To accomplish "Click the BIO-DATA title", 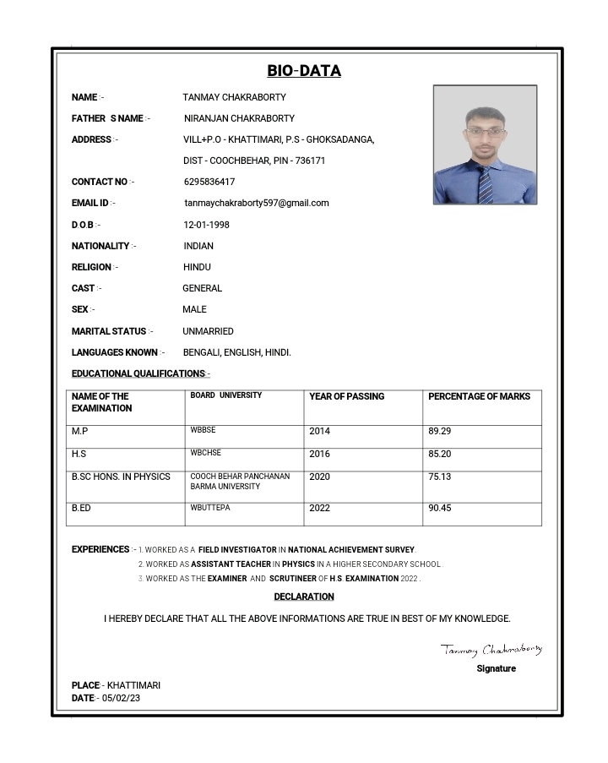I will [304, 71].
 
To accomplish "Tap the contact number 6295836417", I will [209, 182].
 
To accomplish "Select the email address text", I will [257, 203].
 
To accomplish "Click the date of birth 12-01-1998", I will [206, 225].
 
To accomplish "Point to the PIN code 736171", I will [310, 161].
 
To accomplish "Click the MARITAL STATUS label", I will [109, 331].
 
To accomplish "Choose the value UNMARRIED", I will [208, 331].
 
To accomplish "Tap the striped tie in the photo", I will [485, 184].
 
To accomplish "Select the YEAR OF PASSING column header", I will [346, 396].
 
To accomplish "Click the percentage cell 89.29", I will [439, 431].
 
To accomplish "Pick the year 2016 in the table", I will [320, 454].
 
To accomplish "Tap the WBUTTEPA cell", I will [210, 508].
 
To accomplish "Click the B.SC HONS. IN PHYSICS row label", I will [121, 477].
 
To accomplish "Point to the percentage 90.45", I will [439, 508].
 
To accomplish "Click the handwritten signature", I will [491, 650].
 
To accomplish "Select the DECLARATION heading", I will [304, 597].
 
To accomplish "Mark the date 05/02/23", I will [121, 698].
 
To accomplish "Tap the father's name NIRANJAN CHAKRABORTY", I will [239, 118].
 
